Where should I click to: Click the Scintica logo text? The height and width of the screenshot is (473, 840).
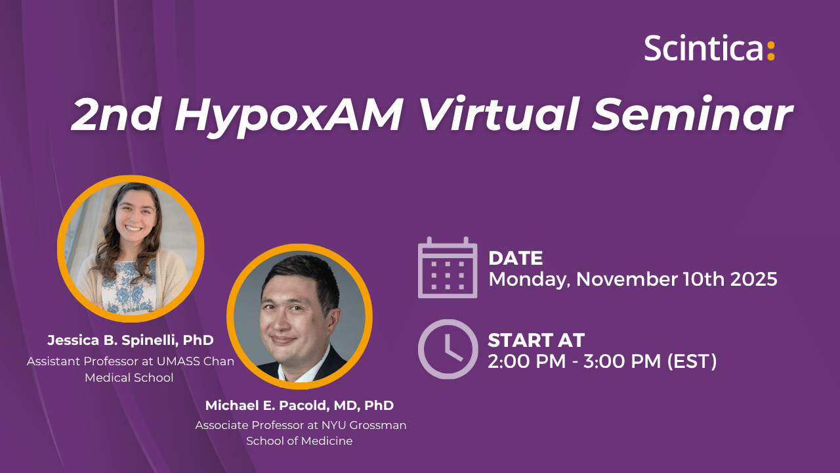coord(703,48)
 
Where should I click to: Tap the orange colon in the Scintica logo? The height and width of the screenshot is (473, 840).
coord(770,51)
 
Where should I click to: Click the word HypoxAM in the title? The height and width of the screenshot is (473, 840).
coord(288,115)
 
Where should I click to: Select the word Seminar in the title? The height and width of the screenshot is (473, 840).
coord(692,114)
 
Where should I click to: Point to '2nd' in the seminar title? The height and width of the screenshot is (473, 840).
coord(115,114)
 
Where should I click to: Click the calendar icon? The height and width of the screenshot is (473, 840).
coord(448,267)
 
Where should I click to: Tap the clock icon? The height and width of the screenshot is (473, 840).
coord(448,349)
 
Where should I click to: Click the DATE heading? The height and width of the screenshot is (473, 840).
coord(515,258)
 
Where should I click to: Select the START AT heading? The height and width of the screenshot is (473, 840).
coord(536,340)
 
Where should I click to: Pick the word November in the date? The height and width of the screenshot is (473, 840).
coord(627,279)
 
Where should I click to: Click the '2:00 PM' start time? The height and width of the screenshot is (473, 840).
coord(527,361)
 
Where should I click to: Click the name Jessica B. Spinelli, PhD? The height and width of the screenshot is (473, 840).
coord(131,340)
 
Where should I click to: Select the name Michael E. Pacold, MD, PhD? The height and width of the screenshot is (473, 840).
coord(299,405)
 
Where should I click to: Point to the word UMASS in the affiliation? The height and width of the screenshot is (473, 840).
coord(178,361)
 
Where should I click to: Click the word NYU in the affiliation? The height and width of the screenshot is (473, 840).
coord(333,425)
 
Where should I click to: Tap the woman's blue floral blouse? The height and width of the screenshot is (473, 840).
coord(128,288)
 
